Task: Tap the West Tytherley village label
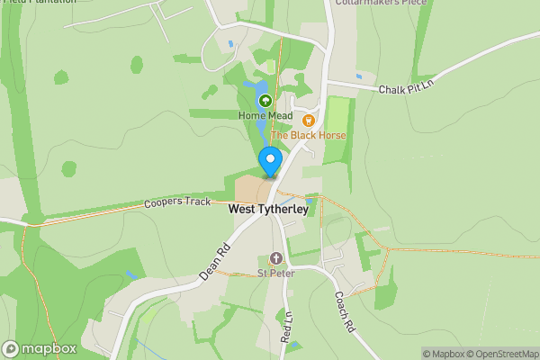click(x=268, y=209)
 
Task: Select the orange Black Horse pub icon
click(x=309, y=120)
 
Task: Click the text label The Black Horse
click(x=308, y=136)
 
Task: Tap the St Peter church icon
click(x=276, y=258)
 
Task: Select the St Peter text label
click(x=276, y=273)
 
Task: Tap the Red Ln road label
click(x=287, y=327)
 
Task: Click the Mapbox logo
click(x=39, y=348)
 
